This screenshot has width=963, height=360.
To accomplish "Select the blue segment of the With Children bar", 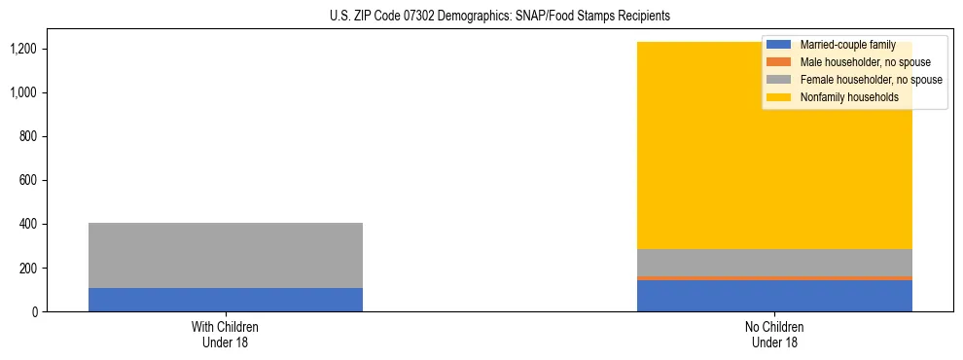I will (225, 300).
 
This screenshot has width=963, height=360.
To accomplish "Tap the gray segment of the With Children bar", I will (225, 255).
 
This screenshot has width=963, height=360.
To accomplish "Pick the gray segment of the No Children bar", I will (774, 263).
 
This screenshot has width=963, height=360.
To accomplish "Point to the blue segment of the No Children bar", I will (774, 296).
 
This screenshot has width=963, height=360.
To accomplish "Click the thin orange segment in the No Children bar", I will (774, 278).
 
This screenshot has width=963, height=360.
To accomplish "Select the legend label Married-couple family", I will (847, 45).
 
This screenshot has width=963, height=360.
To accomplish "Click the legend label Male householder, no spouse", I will (858, 62).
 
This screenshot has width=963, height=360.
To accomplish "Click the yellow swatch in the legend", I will (779, 97).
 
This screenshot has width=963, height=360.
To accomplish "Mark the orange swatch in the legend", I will (779, 62).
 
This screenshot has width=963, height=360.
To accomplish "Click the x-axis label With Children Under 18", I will (225, 334).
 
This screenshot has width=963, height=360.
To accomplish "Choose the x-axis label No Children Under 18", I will (774, 334).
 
